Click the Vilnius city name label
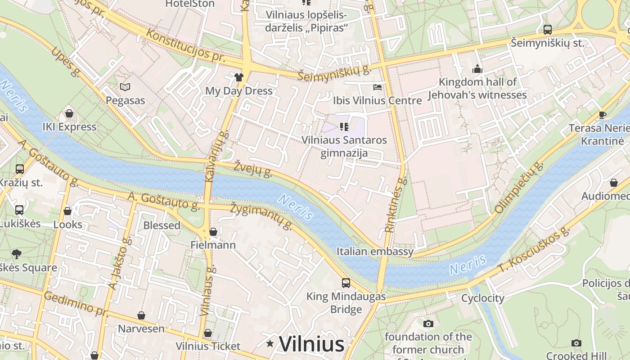click(312, 344)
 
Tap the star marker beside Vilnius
click(270, 344)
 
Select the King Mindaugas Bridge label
click(346, 303)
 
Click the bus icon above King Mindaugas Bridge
click(346, 283)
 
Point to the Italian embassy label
click(375, 252)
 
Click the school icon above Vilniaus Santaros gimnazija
click(344, 127)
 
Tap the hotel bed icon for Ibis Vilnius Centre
click(378, 87)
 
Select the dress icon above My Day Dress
click(239, 77)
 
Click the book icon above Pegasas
click(125, 87)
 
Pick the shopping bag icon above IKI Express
click(69, 113)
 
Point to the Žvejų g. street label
click(253, 168)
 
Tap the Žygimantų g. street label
click(261, 216)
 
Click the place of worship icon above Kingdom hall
click(477, 69)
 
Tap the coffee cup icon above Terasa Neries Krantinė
click(603, 115)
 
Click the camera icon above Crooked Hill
click(576, 343)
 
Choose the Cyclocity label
click(483, 298)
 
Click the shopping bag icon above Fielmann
click(213, 232)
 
